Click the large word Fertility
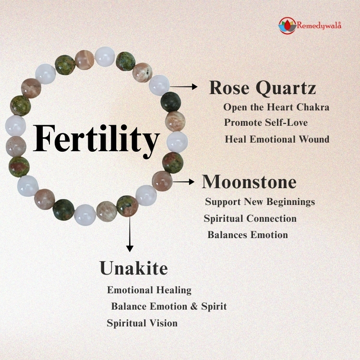click(96, 139)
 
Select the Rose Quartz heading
click(262, 88)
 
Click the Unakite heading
click(133, 268)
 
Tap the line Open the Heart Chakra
click(276, 107)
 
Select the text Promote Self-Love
click(265, 123)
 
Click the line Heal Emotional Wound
click(277, 139)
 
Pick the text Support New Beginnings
click(260, 202)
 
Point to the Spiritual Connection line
click(250, 219)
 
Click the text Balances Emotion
click(248, 235)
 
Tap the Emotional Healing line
click(149, 290)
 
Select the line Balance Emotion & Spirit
click(168, 306)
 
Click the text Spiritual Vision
click(142, 323)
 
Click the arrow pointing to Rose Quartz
click(184, 86)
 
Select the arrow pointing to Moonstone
click(184, 181)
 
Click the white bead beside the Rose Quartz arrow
click(159, 85)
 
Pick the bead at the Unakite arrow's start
click(127, 205)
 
